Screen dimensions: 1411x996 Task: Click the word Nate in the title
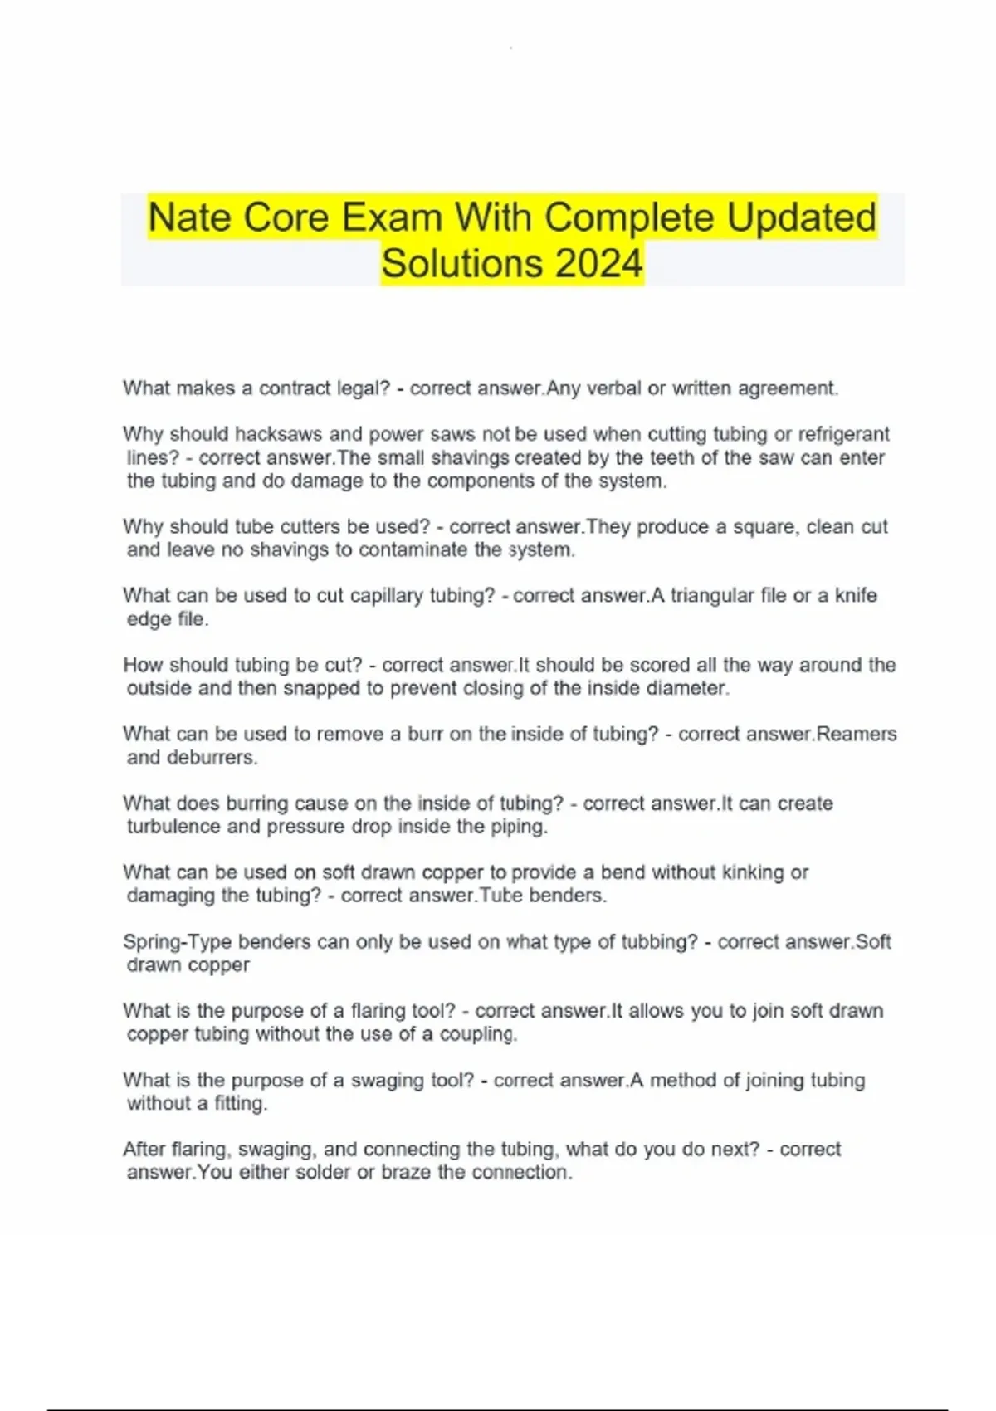194,218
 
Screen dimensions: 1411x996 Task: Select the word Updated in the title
801,218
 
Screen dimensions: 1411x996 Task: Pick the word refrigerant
843,434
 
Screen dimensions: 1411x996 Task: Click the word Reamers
857,734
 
